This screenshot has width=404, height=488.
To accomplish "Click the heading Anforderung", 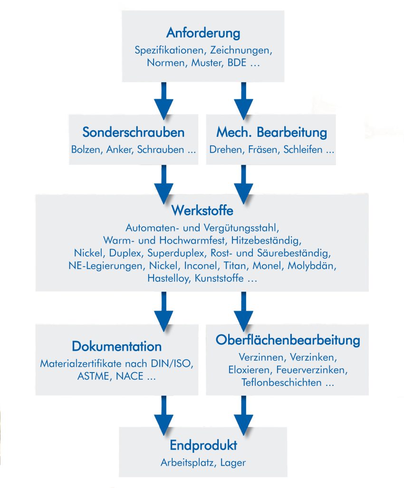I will tap(203, 34).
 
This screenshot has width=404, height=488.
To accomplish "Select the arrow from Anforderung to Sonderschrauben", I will tap(164, 100).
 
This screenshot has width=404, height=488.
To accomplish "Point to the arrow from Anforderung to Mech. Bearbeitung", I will tap(243, 100).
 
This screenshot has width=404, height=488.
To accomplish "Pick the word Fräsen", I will tap(265, 150).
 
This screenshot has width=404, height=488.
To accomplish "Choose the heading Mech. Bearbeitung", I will tap(271, 132).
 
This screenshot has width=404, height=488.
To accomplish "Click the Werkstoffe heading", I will tap(202, 210).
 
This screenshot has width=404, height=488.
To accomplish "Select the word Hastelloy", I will tap(168, 279).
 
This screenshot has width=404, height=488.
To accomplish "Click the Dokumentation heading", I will tap(116, 346).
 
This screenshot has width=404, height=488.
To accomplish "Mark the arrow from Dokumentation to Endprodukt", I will tap(164, 415).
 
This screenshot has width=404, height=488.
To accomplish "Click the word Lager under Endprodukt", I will tap(233, 462).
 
